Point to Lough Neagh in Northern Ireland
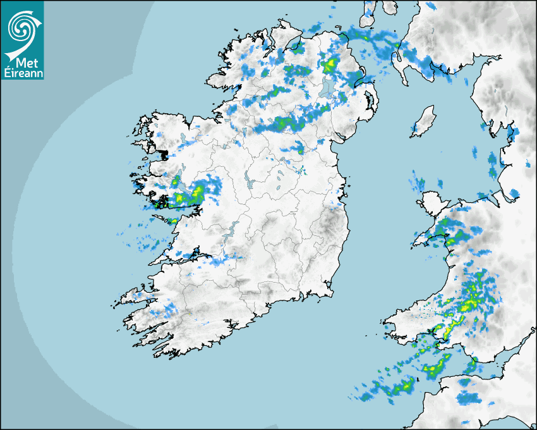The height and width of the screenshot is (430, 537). click(x=327, y=87)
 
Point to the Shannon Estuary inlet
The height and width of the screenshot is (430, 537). click(x=190, y=257)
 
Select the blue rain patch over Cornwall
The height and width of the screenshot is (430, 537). click(x=468, y=397)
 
